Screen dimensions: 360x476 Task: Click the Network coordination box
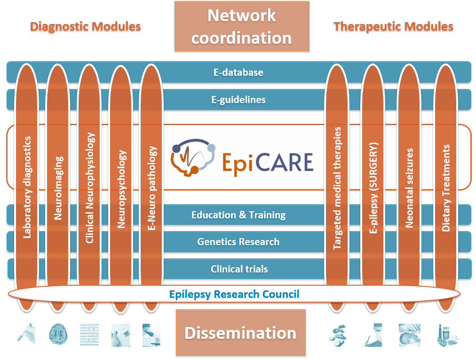tap(242, 26)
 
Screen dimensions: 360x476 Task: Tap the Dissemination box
tap(240, 333)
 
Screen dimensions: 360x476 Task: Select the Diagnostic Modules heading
tap(85, 26)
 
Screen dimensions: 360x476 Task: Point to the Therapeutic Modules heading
tap(393, 26)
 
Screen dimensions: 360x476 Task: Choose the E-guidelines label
tap(238, 100)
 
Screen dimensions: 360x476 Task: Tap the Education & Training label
tap(238, 215)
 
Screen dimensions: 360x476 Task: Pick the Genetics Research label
tap(238, 242)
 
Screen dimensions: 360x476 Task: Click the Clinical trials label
tap(239, 269)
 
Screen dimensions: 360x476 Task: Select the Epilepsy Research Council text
tap(234, 295)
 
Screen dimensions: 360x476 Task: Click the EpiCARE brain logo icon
tap(193, 158)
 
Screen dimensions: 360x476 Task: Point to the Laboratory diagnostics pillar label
tap(28, 187)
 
